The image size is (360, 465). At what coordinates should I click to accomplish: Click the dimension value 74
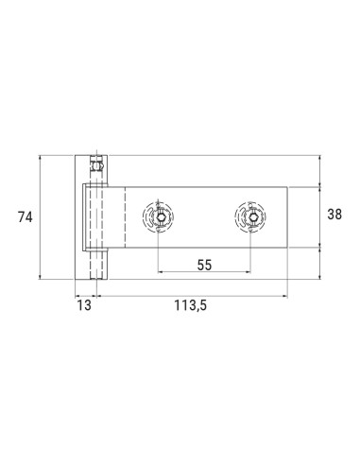click(x=26, y=217)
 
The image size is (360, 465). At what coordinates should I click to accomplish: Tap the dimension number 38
click(x=334, y=215)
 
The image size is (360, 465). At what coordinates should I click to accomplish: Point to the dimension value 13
click(x=85, y=305)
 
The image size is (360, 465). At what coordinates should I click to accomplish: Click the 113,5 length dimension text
click(x=192, y=305)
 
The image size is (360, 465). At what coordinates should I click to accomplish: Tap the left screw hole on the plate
click(x=161, y=218)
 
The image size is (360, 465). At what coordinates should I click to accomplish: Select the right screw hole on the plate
click(x=250, y=218)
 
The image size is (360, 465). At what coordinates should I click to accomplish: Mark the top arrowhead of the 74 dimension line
click(x=41, y=158)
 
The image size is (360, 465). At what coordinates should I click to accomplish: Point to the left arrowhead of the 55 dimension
click(x=161, y=272)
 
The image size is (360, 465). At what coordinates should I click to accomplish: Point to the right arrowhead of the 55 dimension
click(x=250, y=272)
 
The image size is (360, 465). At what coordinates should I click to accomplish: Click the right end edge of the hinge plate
click(x=287, y=217)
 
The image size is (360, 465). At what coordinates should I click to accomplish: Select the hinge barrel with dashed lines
click(x=94, y=232)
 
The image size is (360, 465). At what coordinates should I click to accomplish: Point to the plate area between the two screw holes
click(x=205, y=218)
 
